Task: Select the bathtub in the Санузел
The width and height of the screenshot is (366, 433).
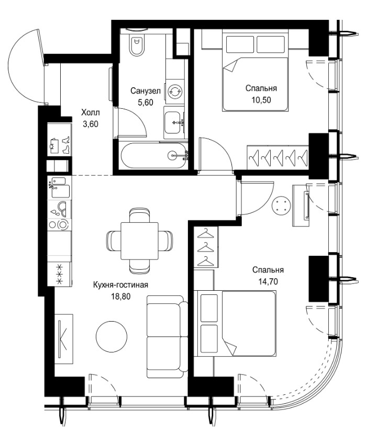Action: pos(154,155)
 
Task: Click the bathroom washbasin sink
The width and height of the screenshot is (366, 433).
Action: pos(174,122)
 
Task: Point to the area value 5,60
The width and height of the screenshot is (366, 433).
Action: pos(146,102)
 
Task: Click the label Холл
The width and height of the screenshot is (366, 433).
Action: pos(91,112)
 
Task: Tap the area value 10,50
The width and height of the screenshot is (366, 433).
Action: pos(261,100)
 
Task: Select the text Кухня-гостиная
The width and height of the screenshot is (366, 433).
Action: pos(120,284)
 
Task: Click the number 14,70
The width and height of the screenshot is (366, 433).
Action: pos(268,281)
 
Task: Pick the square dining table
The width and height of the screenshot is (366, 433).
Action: pos(139,241)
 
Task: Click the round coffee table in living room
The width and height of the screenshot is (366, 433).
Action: pos(112,337)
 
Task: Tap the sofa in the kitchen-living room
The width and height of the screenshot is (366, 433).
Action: pos(167,336)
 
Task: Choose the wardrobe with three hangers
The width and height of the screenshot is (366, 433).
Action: pos(206,247)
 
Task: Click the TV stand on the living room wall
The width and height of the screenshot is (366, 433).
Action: pos(63,339)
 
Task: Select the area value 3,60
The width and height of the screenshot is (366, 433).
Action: pos(91,124)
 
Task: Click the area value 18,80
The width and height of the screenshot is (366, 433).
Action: pos(120,297)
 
